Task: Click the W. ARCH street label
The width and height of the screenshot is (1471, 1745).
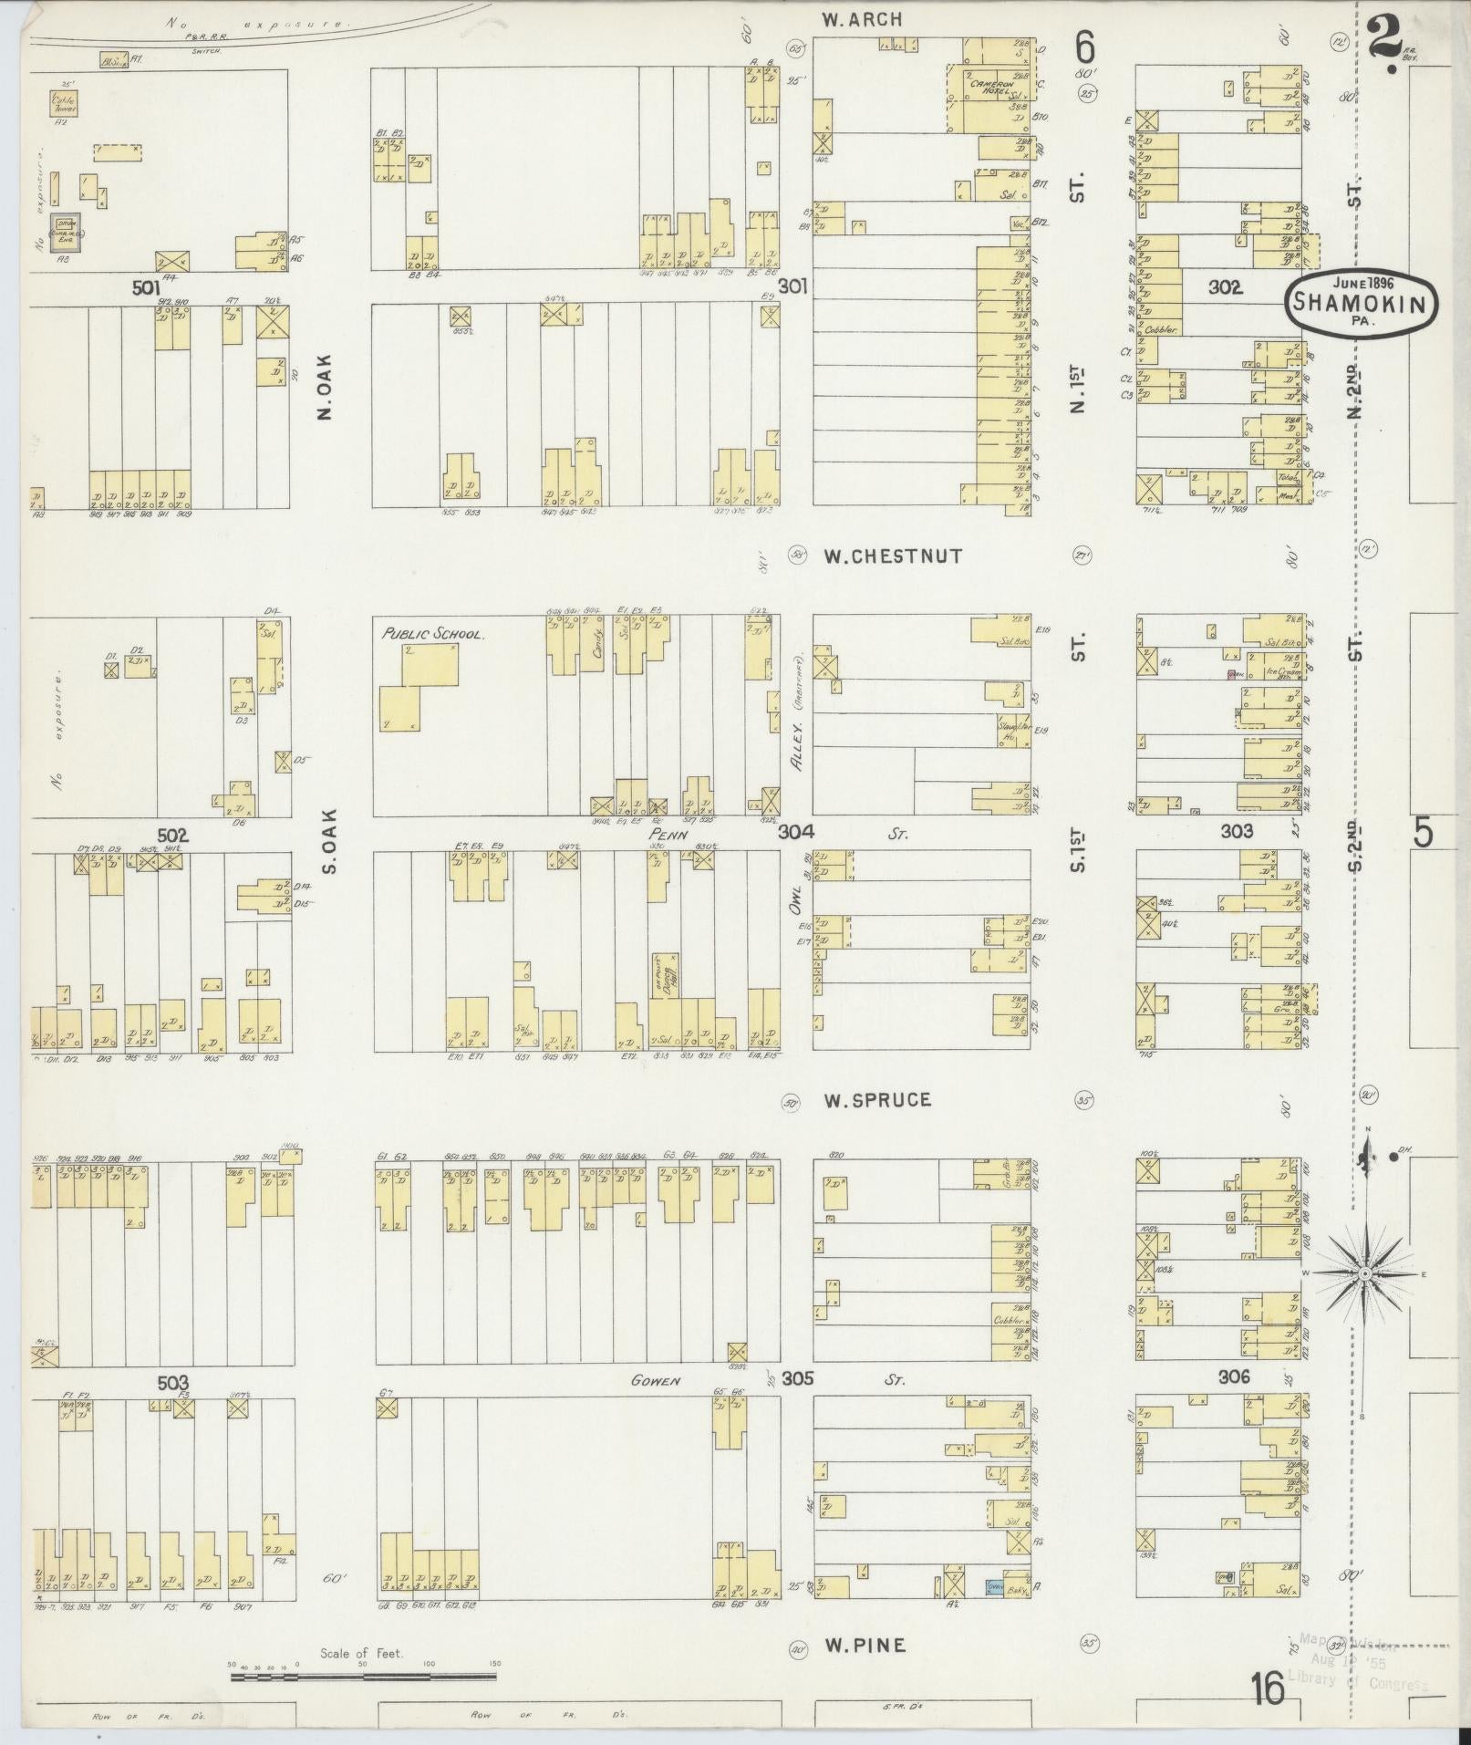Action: (x=861, y=18)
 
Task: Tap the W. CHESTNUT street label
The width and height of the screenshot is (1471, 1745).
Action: (x=893, y=556)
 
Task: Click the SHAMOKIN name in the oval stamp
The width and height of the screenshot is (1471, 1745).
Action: (x=1363, y=305)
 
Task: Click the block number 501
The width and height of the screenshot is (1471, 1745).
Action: (x=145, y=287)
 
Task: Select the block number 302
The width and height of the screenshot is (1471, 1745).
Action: (x=1225, y=287)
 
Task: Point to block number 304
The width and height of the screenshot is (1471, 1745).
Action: (x=795, y=832)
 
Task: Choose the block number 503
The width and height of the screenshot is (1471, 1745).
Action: (x=173, y=1384)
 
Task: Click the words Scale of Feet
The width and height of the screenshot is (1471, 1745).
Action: (x=361, y=1653)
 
